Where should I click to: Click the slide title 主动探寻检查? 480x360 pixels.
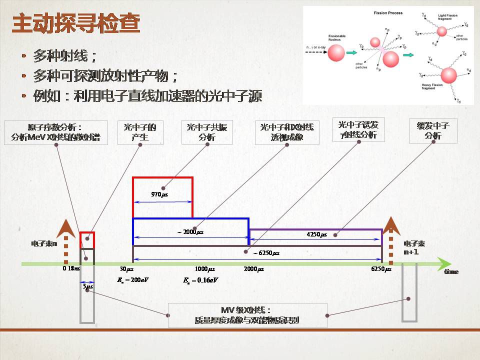(x=75, y=24)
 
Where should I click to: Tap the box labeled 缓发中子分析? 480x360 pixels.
(x=429, y=131)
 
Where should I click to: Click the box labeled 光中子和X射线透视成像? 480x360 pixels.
(x=286, y=132)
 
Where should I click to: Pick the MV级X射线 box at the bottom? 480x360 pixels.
(x=247, y=315)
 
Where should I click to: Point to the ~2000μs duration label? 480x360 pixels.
(x=190, y=232)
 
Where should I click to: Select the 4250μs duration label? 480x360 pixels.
(x=316, y=234)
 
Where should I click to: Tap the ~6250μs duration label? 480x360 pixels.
(x=266, y=253)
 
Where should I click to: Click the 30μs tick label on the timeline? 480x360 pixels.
(x=137, y=269)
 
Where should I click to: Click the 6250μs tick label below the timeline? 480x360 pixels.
(x=381, y=269)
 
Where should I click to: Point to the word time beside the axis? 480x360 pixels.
(x=451, y=271)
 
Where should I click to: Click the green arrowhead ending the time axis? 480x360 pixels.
(x=442, y=263)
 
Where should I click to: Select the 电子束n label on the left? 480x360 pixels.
(x=44, y=244)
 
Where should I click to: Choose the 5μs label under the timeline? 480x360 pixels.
(x=87, y=286)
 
